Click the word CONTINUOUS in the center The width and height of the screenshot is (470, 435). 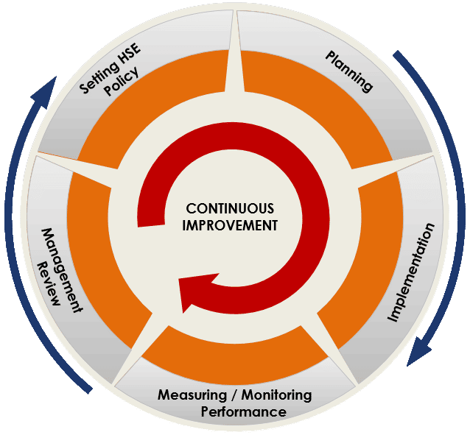coord(230,209)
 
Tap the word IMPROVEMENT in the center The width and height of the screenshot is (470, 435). coord(231,225)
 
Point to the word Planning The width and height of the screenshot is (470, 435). coord(349,71)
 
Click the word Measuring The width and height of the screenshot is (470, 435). coord(191,395)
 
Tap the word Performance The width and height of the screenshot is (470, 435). coord(244,411)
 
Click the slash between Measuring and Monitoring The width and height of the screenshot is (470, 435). coord(229,395)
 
